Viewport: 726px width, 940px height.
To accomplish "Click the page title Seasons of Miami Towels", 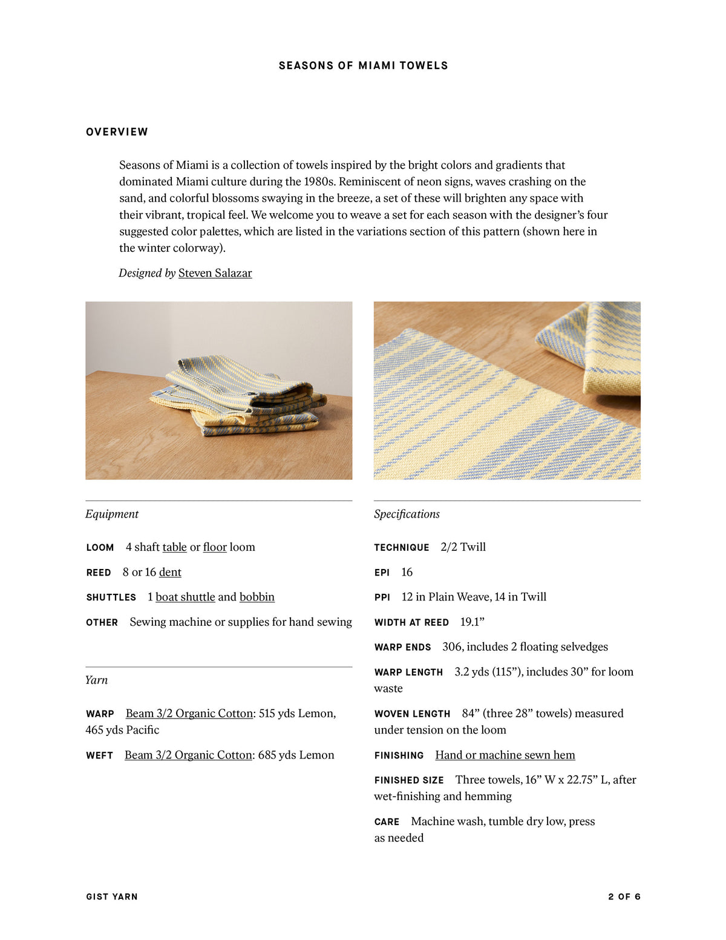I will click(x=363, y=65).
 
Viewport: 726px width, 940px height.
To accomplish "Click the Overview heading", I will click(x=117, y=132).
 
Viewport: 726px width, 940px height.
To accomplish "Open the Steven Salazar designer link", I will click(x=215, y=273).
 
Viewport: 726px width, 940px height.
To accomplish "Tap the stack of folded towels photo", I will click(x=218, y=390).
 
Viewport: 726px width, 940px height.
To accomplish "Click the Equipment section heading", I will click(x=112, y=514).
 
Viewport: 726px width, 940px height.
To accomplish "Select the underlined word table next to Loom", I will click(x=174, y=547).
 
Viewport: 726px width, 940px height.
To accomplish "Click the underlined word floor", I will click(x=215, y=547).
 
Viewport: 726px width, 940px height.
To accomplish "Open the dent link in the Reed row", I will click(x=170, y=572).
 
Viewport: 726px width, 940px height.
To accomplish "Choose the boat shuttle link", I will click(x=185, y=597).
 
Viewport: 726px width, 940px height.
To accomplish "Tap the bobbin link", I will click(x=257, y=597).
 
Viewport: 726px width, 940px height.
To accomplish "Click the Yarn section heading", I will click(x=97, y=680).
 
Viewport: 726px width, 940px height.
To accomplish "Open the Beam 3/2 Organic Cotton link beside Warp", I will click(x=189, y=714).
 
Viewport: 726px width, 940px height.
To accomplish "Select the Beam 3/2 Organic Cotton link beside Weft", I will click(x=188, y=755).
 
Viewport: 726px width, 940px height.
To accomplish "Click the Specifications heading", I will click(x=407, y=514).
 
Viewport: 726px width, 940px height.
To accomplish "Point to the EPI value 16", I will click(x=407, y=572).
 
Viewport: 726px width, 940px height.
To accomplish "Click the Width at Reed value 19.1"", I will click(x=472, y=622).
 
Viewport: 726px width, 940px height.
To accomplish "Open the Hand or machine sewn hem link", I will click(x=505, y=755).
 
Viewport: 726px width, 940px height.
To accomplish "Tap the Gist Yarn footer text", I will click(x=112, y=896).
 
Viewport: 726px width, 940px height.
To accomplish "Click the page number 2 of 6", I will click(x=624, y=896).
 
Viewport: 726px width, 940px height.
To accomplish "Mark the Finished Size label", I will click(x=409, y=780).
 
